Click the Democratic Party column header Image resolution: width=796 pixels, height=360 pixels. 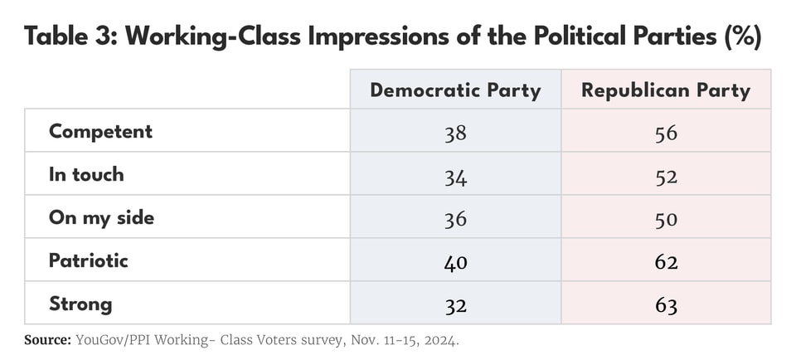click(455, 90)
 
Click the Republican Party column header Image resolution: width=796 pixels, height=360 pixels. click(666, 90)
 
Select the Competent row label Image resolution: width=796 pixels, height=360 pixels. click(100, 131)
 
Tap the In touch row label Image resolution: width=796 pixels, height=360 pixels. click(86, 174)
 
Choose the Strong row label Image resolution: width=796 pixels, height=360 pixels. click(80, 304)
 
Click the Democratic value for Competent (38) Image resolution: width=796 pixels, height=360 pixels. click(455, 133)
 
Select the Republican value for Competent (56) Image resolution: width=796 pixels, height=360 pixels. click(666, 133)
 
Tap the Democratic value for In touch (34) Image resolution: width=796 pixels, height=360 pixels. click(455, 176)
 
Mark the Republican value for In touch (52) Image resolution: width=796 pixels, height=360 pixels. click(666, 176)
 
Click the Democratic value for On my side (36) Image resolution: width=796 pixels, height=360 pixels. click(455, 219)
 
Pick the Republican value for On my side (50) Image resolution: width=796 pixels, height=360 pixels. click(666, 219)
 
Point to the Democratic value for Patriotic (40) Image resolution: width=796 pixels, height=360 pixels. click(455, 262)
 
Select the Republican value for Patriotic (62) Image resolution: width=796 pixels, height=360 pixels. click(666, 262)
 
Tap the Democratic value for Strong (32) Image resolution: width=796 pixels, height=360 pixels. click(455, 305)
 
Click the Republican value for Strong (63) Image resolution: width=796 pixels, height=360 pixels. click(666, 305)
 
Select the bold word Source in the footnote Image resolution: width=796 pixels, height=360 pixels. click(46, 340)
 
